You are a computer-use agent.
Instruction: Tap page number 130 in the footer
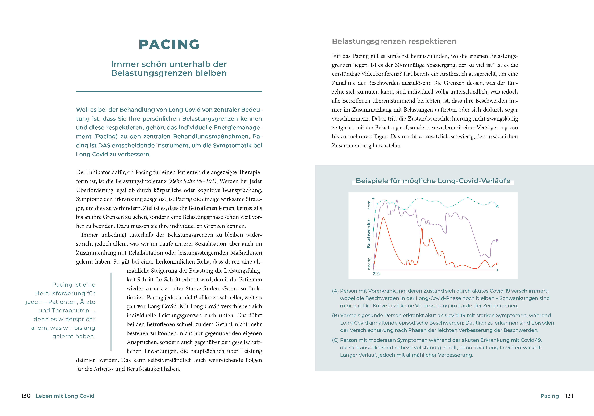coord(26,396)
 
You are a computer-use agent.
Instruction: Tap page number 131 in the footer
coord(569,396)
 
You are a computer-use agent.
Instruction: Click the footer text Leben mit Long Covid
coord(65,396)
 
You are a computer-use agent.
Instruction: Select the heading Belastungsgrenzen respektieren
coord(394,41)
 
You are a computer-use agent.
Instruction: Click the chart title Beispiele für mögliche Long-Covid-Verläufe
coord(433,181)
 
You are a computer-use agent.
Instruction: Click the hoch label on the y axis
coord(369,205)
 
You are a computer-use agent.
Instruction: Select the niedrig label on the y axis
coord(369,264)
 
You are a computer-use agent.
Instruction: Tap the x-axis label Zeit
coord(376,274)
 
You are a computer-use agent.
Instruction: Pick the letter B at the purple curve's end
coord(497,241)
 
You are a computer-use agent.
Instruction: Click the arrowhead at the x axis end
coord(498,270)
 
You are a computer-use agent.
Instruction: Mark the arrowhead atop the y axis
coord(373,198)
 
